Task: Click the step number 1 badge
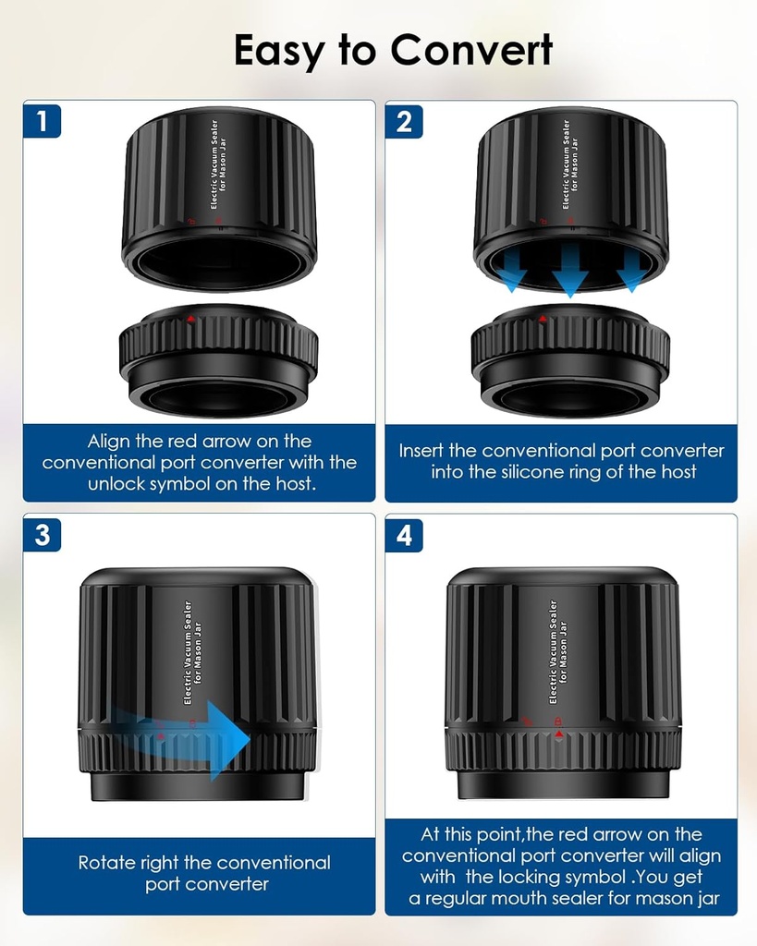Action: click(x=42, y=121)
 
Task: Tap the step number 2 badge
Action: click(x=404, y=121)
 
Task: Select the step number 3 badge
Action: click(x=42, y=535)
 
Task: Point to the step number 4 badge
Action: click(x=404, y=535)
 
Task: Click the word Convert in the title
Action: click(x=471, y=50)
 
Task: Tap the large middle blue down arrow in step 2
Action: click(x=570, y=271)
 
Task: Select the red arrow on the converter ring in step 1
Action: click(x=190, y=319)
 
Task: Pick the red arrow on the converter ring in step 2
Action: click(x=542, y=319)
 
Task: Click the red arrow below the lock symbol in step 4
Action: click(x=559, y=734)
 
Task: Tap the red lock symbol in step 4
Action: click(x=557, y=721)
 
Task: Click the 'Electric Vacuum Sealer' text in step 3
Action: click(x=188, y=652)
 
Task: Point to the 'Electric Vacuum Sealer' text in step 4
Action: click(x=553, y=651)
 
